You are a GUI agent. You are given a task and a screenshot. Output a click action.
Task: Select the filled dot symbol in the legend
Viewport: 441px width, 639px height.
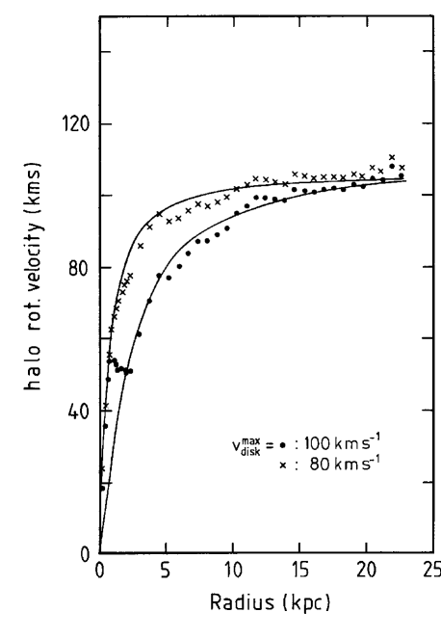coord(282,445)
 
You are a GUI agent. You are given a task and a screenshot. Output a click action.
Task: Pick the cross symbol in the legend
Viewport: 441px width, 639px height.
coord(282,466)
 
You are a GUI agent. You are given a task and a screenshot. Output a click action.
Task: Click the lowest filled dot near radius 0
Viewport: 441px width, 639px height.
coord(102,489)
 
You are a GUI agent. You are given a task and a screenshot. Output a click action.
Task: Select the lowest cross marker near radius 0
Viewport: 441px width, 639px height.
coord(102,469)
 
